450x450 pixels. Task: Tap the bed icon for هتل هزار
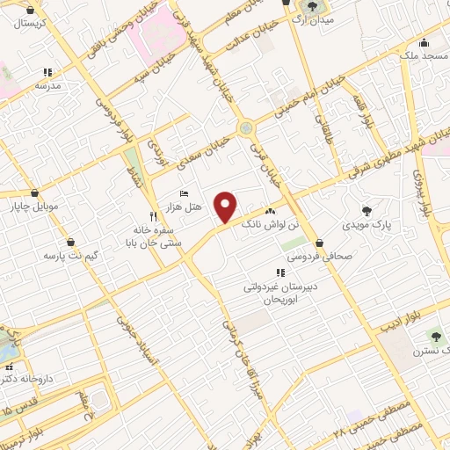pyautogui.click(x=183, y=193)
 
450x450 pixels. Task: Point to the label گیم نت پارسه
pyautogui.click(x=69, y=256)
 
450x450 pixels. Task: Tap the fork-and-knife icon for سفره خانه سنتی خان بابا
pyautogui.click(x=153, y=215)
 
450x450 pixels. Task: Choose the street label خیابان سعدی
pyautogui.click(x=203, y=149)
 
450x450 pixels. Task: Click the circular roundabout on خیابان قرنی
pyautogui.click(x=246, y=128)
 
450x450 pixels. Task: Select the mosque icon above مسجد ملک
pyautogui.click(x=425, y=43)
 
